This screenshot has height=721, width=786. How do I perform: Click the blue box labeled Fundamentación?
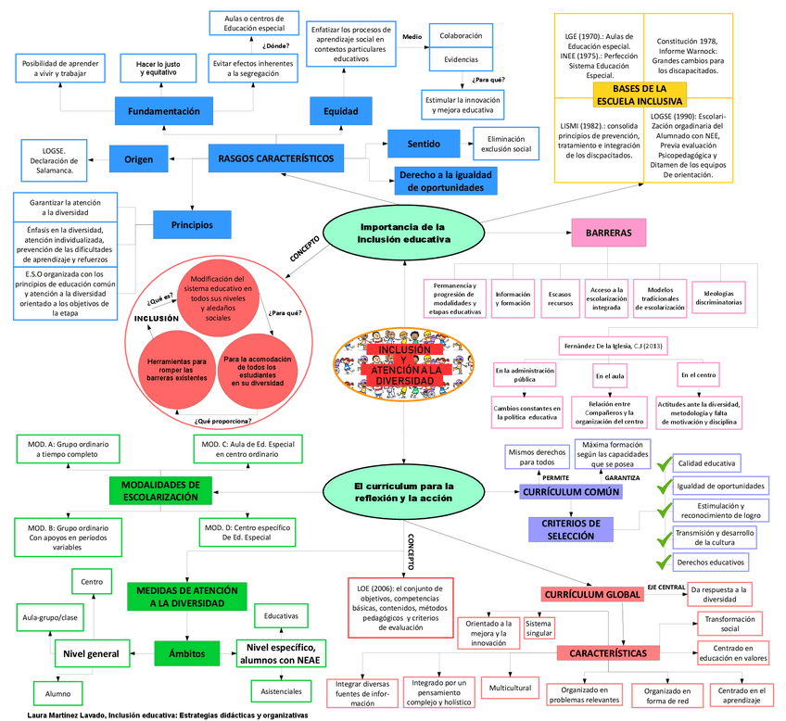click(x=163, y=111)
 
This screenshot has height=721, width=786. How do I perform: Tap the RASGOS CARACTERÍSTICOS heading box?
click(x=275, y=158)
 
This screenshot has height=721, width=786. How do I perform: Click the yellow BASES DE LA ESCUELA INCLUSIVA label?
click(x=642, y=94)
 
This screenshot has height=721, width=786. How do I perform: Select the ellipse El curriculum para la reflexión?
click(x=403, y=491)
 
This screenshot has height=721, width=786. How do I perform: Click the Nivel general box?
click(x=90, y=653)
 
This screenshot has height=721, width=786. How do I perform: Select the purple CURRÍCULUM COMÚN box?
click(x=570, y=492)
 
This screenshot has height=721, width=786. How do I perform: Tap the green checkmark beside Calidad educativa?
click(x=663, y=463)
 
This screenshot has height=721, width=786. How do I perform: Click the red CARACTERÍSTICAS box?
click(x=609, y=653)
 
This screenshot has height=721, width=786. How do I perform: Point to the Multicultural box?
click(x=511, y=689)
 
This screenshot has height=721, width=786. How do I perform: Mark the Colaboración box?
click(x=460, y=36)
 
